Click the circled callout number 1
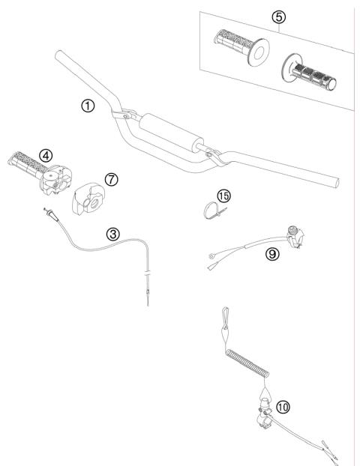(88, 106)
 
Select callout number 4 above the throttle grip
(46, 155)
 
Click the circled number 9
(271, 253)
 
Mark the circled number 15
(223, 196)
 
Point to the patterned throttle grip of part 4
(22, 160)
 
